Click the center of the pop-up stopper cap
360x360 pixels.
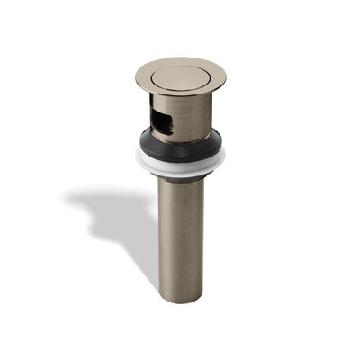tap(180, 76)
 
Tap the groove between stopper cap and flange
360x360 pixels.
tap(180, 91)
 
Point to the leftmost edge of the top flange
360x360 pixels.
tap(136, 77)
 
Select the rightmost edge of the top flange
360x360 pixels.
tap(225, 77)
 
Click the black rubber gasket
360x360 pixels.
tap(180, 142)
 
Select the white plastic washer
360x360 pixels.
tap(180, 163)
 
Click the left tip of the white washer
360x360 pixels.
tap(137, 157)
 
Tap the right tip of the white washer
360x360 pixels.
tap(225, 157)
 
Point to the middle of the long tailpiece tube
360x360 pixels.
tap(180, 238)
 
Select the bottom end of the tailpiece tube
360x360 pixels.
tap(180, 299)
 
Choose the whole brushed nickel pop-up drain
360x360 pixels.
tap(180, 180)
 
